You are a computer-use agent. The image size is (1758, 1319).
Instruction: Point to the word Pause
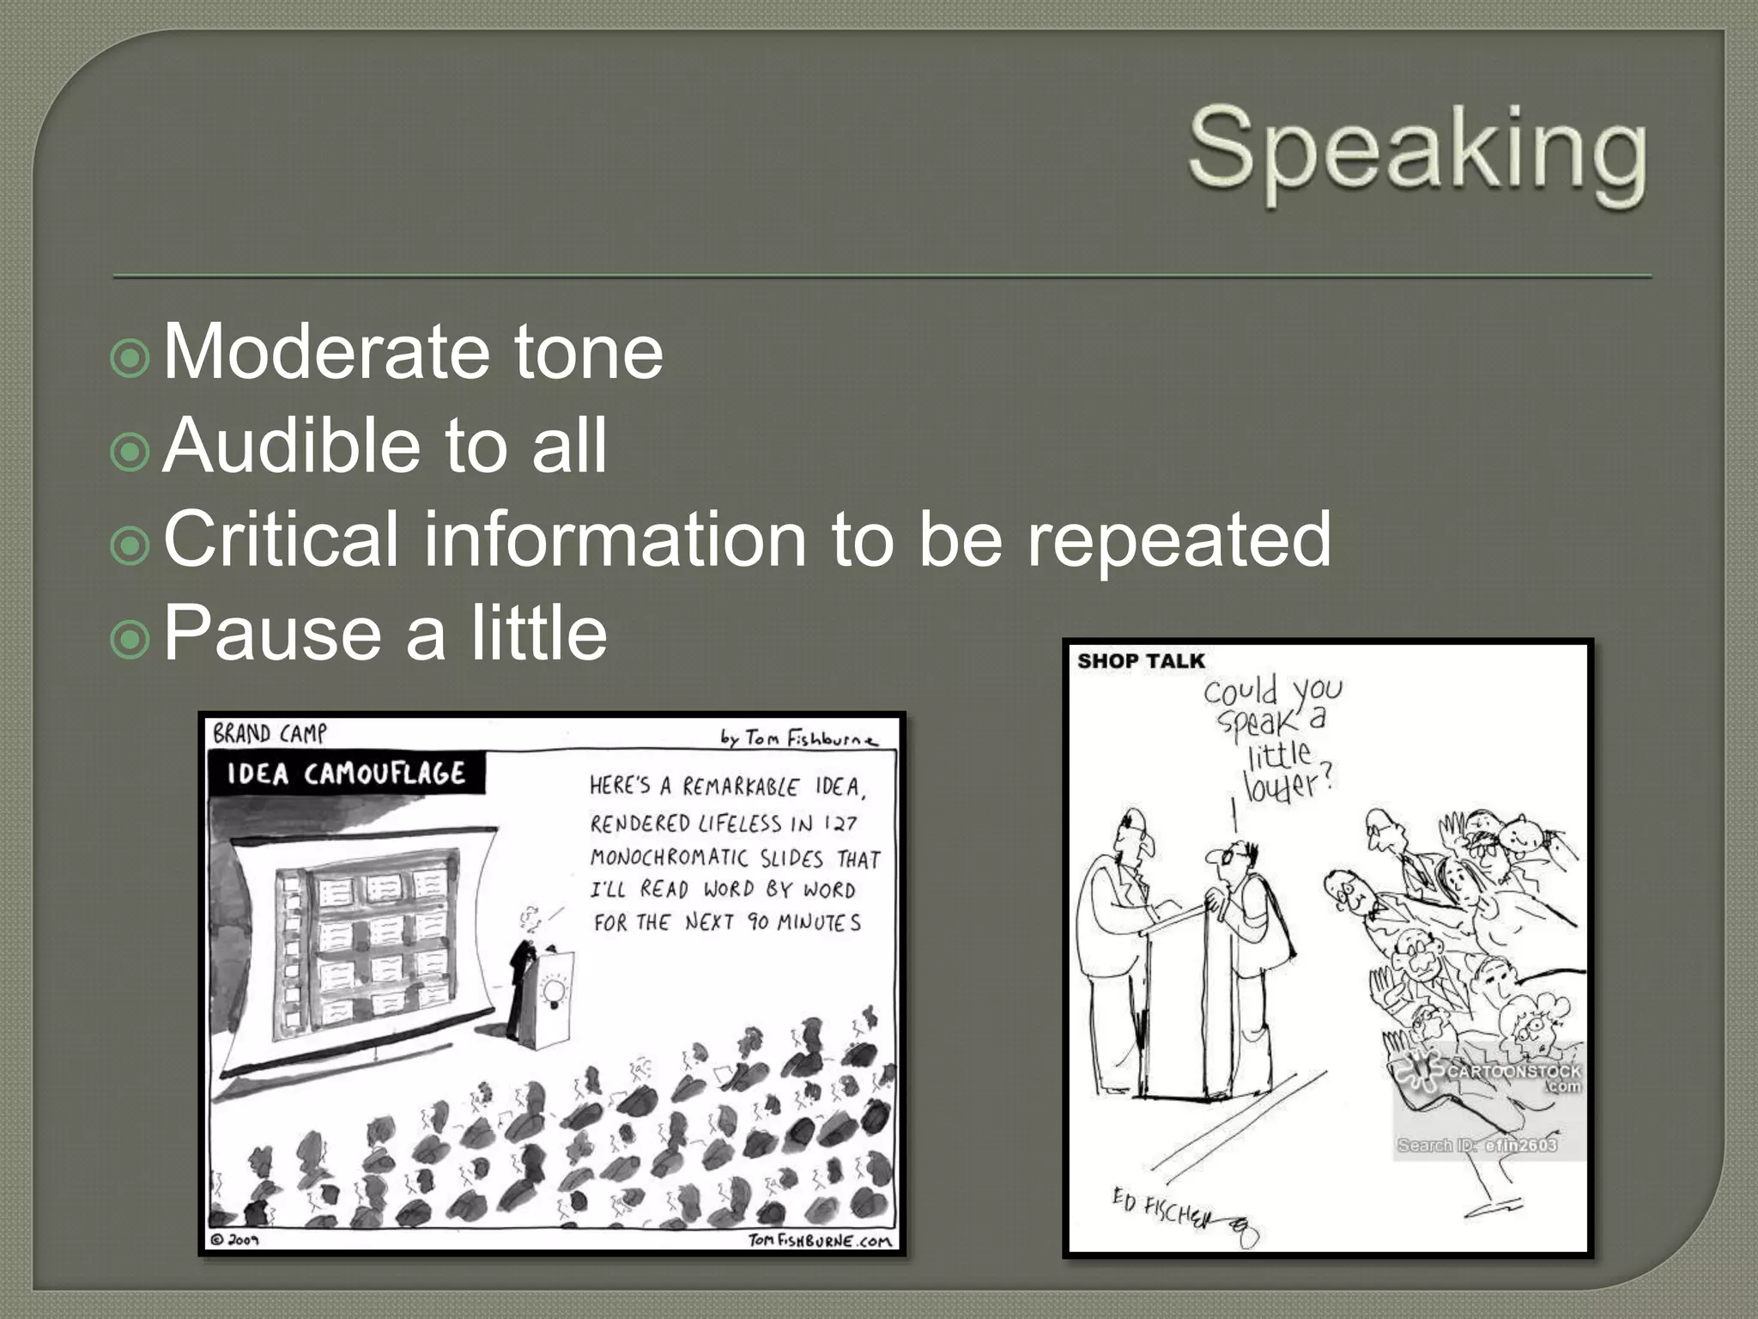tap(271, 633)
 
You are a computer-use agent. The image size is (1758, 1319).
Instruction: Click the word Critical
tap(280, 539)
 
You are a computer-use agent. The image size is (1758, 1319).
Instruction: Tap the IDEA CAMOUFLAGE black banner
tap(346, 774)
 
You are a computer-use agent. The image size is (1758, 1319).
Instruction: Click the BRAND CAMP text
tap(270, 733)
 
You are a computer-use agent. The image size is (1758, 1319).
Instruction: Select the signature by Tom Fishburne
tap(798, 738)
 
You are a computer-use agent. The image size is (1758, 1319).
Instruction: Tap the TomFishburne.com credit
tap(820, 1240)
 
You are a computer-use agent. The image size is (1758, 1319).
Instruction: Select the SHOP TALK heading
tap(1141, 661)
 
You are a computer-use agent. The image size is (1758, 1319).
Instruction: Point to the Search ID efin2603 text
tap(1476, 1145)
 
